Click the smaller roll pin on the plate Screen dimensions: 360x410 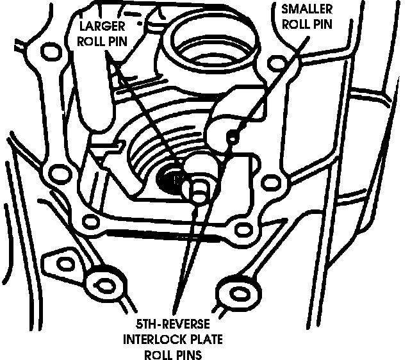coord(233,136)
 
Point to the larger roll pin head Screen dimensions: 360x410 coord(199,188)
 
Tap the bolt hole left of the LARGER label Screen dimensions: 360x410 coord(49,51)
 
